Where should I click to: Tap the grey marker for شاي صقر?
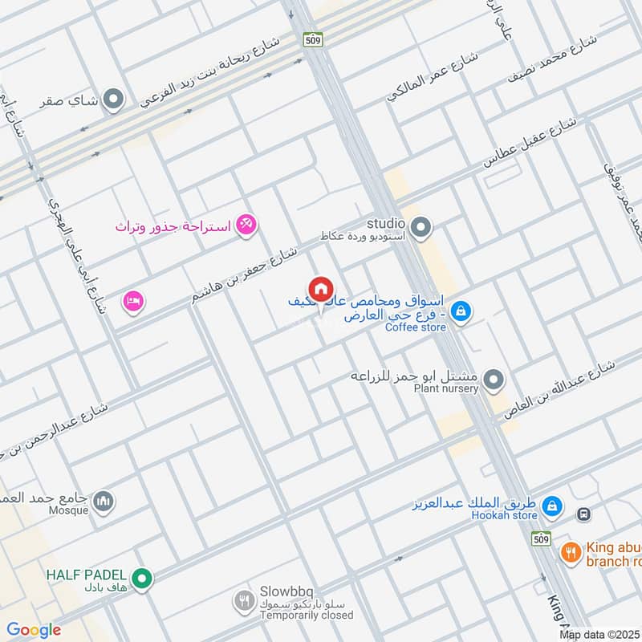(x=115, y=100)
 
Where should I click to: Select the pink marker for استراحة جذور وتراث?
(x=246, y=226)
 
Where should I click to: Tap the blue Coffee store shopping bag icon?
(x=461, y=311)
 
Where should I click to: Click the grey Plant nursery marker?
(x=494, y=379)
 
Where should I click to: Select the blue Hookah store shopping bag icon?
(x=551, y=507)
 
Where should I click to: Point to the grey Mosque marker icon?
(x=103, y=502)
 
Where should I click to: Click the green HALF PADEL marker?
(x=142, y=577)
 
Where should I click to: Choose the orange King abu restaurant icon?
(x=571, y=552)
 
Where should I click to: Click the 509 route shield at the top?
(x=312, y=39)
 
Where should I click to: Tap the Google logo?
(x=33, y=630)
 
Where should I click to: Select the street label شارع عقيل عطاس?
(x=530, y=144)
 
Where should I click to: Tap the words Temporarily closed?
(x=306, y=616)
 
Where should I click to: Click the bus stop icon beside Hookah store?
(x=583, y=513)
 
